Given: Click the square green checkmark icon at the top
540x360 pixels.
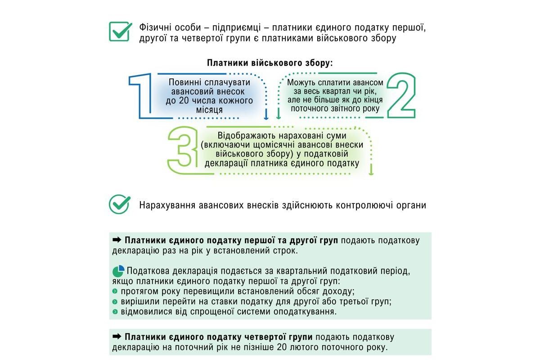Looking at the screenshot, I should pyautogui.click(x=120, y=31).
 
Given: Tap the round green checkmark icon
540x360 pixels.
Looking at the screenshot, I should pyautogui.click(x=120, y=204).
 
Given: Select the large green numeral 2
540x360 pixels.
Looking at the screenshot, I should pyautogui.click(x=400, y=96).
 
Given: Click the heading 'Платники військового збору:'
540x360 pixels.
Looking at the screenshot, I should pyautogui.click(x=270, y=63).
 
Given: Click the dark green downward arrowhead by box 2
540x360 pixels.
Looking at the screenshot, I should pyautogui.click(x=279, y=117).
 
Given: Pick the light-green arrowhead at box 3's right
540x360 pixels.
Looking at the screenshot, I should pyautogui.click(x=371, y=172).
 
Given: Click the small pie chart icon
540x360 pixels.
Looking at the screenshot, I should pyautogui.click(x=118, y=271).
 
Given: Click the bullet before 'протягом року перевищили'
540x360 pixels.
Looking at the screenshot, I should pyautogui.click(x=116, y=292).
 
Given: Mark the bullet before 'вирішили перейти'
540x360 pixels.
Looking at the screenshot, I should pyautogui.click(x=116, y=302).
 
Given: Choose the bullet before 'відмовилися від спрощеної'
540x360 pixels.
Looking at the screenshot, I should pyautogui.click(x=116, y=312).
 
